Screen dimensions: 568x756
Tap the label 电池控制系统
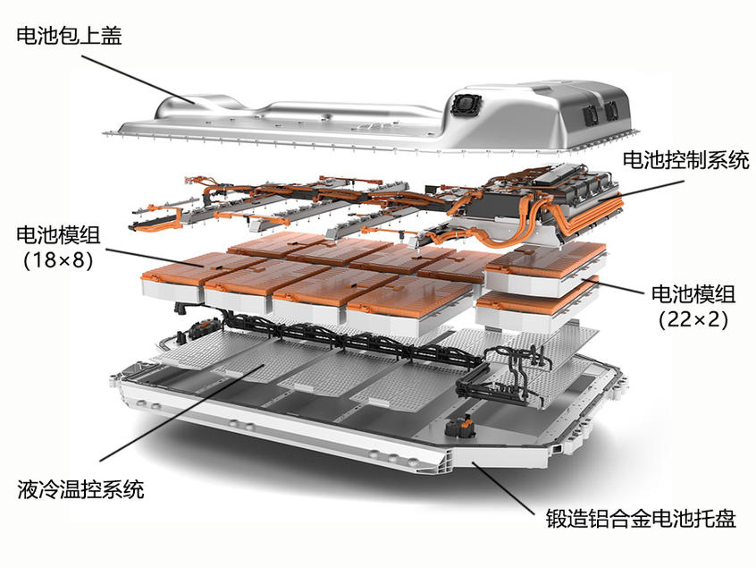[685, 162]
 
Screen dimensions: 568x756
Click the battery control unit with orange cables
[545, 201]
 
